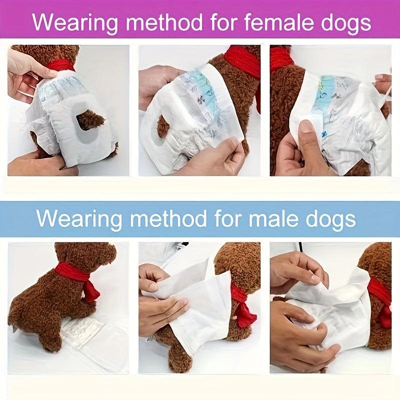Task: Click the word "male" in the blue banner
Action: (273, 218)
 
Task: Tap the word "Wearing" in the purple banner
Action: (75, 23)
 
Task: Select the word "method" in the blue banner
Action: (168, 218)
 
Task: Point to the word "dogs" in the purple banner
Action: (345, 23)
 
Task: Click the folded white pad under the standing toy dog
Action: (82, 331)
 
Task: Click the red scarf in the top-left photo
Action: (61, 65)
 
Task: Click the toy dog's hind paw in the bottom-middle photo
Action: (178, 357)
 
